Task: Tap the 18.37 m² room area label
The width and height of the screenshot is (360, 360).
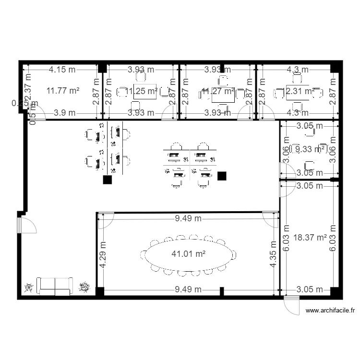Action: (x=310, y=237)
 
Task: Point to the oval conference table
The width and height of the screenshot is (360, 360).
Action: (x=188, y=255)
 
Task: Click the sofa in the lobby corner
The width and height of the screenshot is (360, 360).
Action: (x=55, y=286)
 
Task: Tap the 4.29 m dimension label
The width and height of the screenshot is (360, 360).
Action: (x=102, y=254)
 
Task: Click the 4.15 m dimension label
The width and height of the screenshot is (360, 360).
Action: (x=62, y=69)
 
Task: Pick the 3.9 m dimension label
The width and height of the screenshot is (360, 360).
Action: (x=64, y=113)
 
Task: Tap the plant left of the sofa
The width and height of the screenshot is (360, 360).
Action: (x=28, y=287)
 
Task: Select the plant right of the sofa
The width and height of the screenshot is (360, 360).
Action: (x=84, y=287)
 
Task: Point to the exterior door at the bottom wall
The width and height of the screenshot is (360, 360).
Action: (x=291, y=305)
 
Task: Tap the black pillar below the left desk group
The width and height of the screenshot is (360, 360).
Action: (x=107, y=180)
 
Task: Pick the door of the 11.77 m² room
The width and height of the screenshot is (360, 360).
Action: (x=38, y=113)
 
